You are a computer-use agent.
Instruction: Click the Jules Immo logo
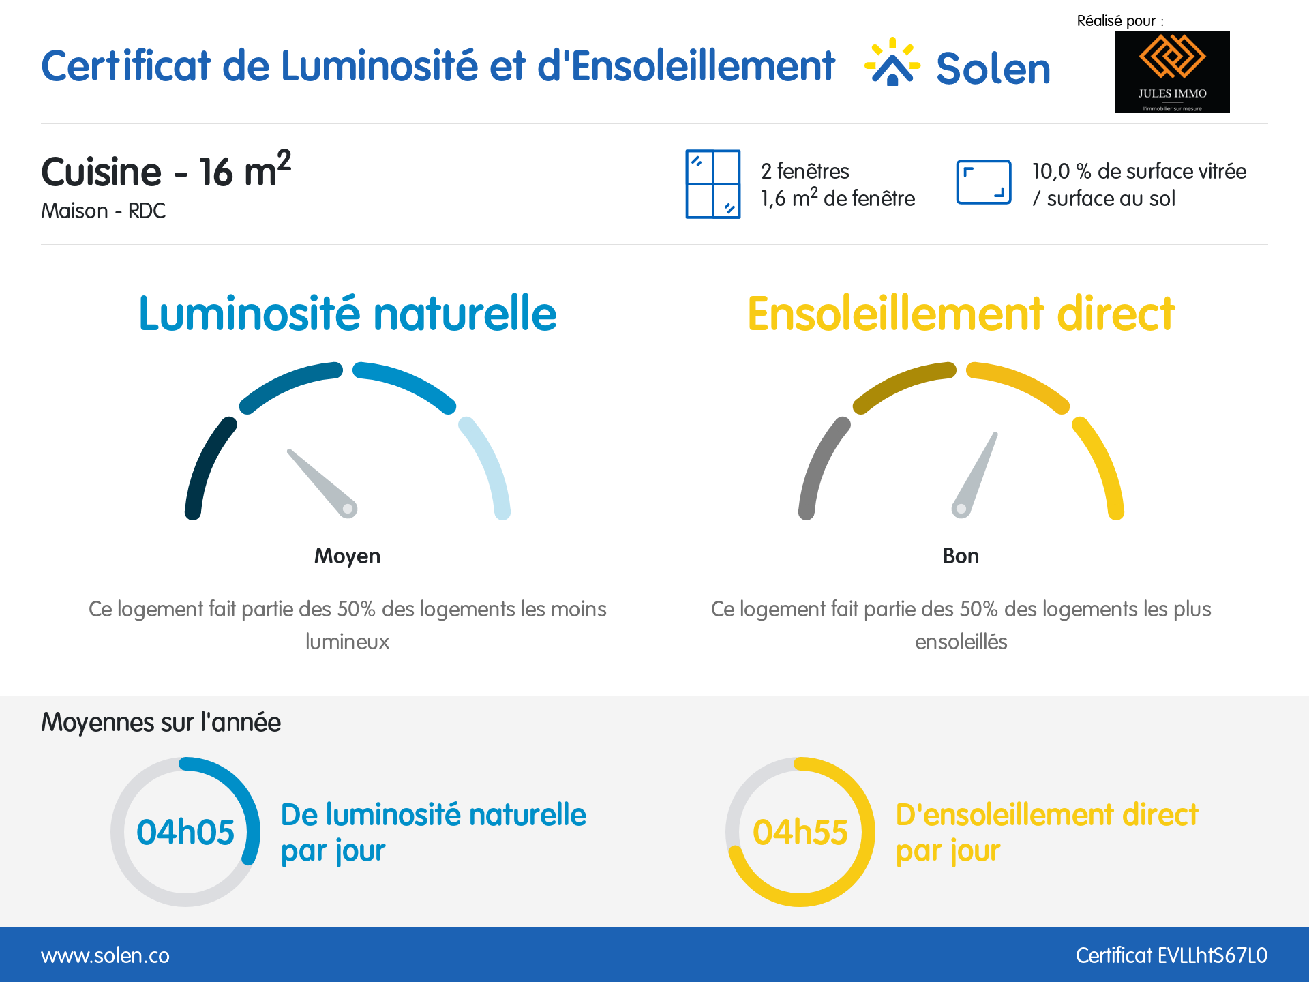pos(1172,72)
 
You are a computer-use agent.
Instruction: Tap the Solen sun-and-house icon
pos(892,63)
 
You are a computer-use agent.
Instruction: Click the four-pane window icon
pos(712,184)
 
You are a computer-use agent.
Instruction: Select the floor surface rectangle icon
pos(983,182)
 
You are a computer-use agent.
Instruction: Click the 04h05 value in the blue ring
pos(185,832)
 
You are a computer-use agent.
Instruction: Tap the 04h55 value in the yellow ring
pos(800,832)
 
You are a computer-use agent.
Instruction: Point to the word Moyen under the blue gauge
pos(347,556)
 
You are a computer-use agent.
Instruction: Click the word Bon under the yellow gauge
pos(961,556)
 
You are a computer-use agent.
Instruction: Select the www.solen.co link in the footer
pos(105,955)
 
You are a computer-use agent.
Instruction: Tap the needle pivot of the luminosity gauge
pos(348,509)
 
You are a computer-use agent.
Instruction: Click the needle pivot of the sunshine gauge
pos(961,509)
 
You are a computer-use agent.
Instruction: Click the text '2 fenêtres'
pos(804,170)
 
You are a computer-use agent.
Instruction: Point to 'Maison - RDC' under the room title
pos(104,211)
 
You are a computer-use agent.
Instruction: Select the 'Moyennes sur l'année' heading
pos(161,722)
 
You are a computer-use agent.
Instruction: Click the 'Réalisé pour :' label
pos(1120,20)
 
